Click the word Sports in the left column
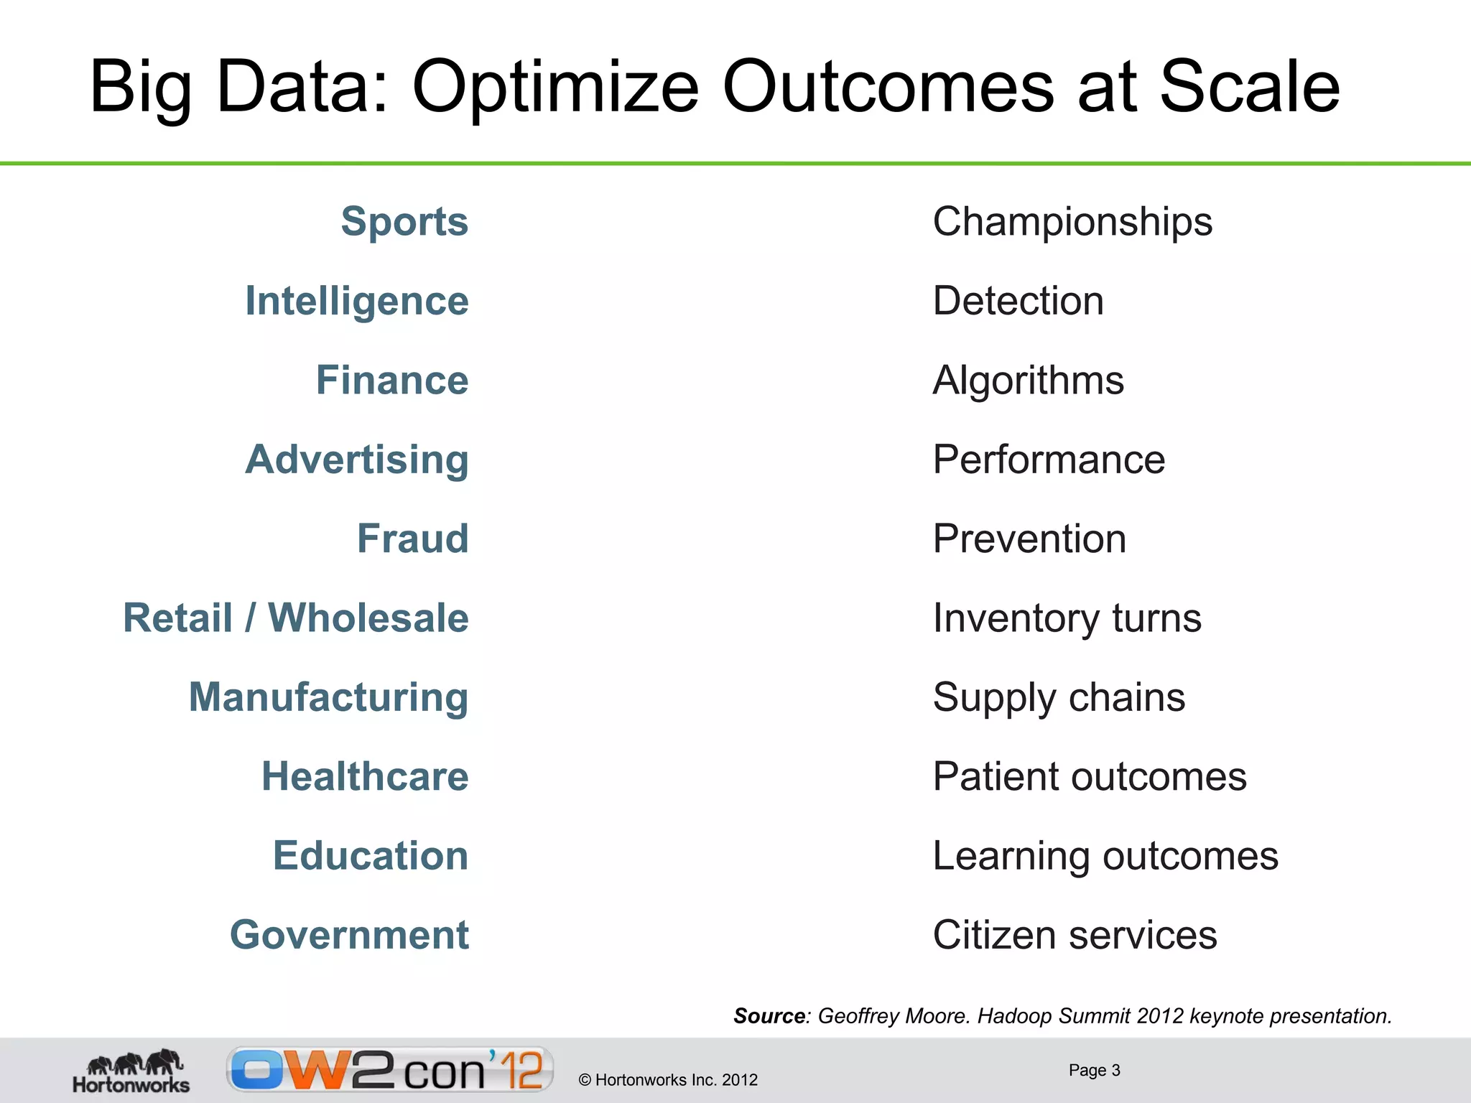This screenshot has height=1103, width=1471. click(x=404, y=221)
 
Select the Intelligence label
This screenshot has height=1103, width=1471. click(x=357, y=301)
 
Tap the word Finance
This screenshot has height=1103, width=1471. click(x=392, y=380)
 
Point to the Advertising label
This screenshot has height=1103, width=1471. click(x=357, y=460)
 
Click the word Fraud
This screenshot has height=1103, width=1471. click(x=413, y=539)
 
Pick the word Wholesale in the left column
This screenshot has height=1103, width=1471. click(x=368, y=618)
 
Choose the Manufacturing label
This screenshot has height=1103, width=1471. click(x=328, y=697)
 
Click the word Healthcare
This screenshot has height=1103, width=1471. click(x=365, y=776)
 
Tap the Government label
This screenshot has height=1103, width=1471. click(x=349, y=935)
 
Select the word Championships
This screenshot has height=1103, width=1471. click(x=1072, y=221)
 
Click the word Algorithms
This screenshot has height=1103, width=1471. click(x=1028, y=380)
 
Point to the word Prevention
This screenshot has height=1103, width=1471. click(x=1029, y=539)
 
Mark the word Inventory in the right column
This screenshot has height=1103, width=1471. click(x=1016, y=618)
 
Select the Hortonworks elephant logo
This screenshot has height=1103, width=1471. click(x=131, y=1071)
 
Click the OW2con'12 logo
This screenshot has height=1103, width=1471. click(x=390, y=1070)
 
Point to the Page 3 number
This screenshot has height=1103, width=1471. click(x=1094, y=1070)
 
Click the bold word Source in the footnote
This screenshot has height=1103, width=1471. click(x=769, y=1016)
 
